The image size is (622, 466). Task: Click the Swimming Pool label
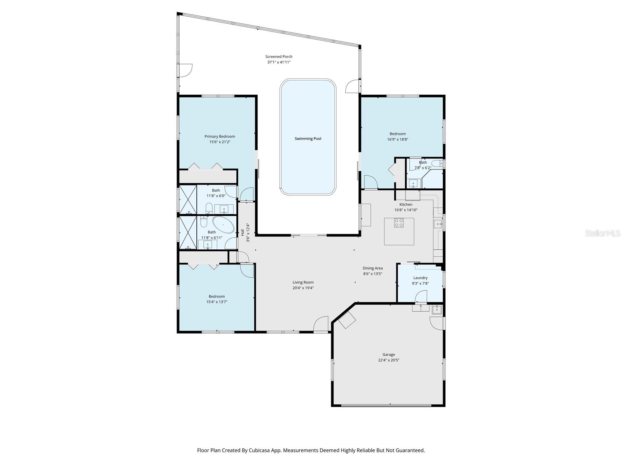click(x=308, y=139)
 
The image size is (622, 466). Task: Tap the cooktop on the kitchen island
click(x=399, y=223)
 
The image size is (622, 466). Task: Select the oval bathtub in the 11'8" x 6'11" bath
click(x=223, y=225)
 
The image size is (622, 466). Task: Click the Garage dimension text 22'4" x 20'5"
click(x=388, y=360)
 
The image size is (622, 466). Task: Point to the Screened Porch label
click(x=279, y=57)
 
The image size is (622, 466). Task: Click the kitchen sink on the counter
click(x=438, y=224)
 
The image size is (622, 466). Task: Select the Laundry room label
click(x=420, y=278)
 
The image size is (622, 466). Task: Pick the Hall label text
click(x=243, y=232)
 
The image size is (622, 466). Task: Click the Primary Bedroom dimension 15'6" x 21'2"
click(x=220, y=142)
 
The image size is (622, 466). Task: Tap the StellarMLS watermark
click(x=603, y=233)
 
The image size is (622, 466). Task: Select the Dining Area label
click(x=372, y=268)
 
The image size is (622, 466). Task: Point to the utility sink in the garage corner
click(x=437, y=310)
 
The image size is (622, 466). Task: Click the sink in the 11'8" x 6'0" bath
click(x=224, y=210)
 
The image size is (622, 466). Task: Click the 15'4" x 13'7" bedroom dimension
click(x=217, y=302)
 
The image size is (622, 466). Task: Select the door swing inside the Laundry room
click(x=421, y=297)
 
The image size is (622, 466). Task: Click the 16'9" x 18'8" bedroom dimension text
click(x=397, y=139)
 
